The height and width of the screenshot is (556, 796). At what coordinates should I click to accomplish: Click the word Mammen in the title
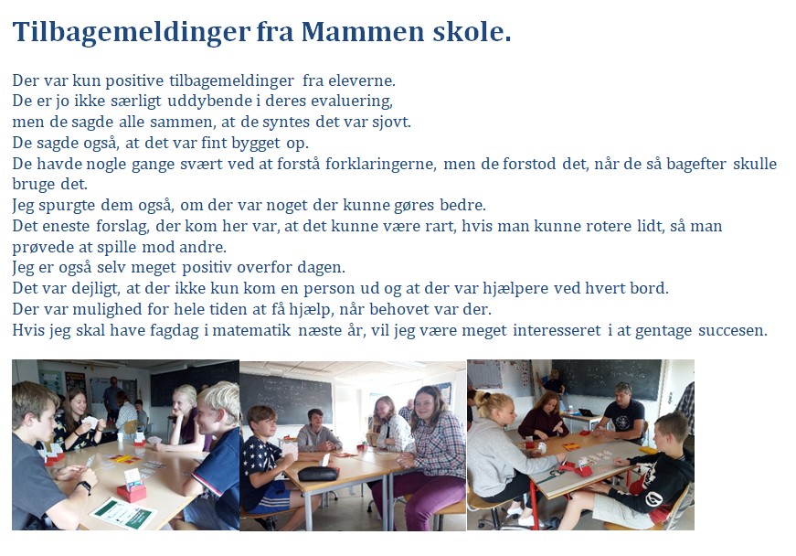pos(363,31)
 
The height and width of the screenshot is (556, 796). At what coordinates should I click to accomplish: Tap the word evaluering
pos(352,101)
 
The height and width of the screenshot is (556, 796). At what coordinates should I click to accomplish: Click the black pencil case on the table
pos(318,473)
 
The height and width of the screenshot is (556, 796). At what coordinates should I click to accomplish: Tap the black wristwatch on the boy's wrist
pos(85,486)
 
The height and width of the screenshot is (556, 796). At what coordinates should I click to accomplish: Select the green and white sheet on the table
pos(123,514)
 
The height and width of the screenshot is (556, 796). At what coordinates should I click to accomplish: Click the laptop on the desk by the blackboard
pos(586,412)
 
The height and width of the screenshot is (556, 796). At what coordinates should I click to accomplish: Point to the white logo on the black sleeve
pos(653,499)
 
